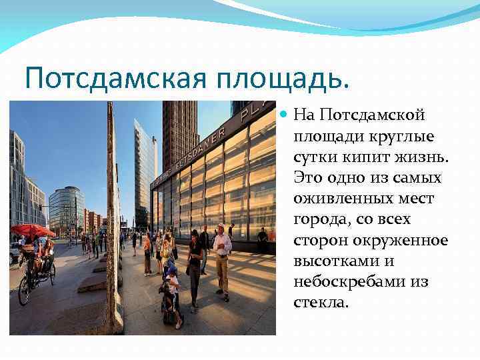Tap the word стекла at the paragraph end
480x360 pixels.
pos(320,302)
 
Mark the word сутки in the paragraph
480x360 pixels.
pos(314,157)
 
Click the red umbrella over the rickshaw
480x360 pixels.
pos(32,231)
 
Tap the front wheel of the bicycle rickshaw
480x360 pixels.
pos(25,293)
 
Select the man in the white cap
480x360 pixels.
pos(222,257)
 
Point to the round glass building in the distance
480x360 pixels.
pos(66,209)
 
